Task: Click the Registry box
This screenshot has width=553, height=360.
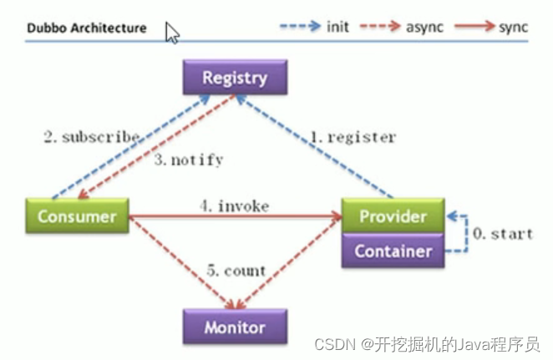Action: pos(235,79)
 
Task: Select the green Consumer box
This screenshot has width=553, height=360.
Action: pos(77,215)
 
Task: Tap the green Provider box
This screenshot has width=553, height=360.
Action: pos(393,216)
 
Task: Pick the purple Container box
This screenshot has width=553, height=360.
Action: pos(393,250)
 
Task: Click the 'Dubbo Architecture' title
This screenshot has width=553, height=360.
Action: pos(86,28)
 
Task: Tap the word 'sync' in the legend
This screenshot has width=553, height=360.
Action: pos(513,27)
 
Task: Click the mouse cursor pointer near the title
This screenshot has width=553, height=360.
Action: pos(171,33)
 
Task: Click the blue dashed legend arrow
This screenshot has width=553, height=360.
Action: pos(300,27)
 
